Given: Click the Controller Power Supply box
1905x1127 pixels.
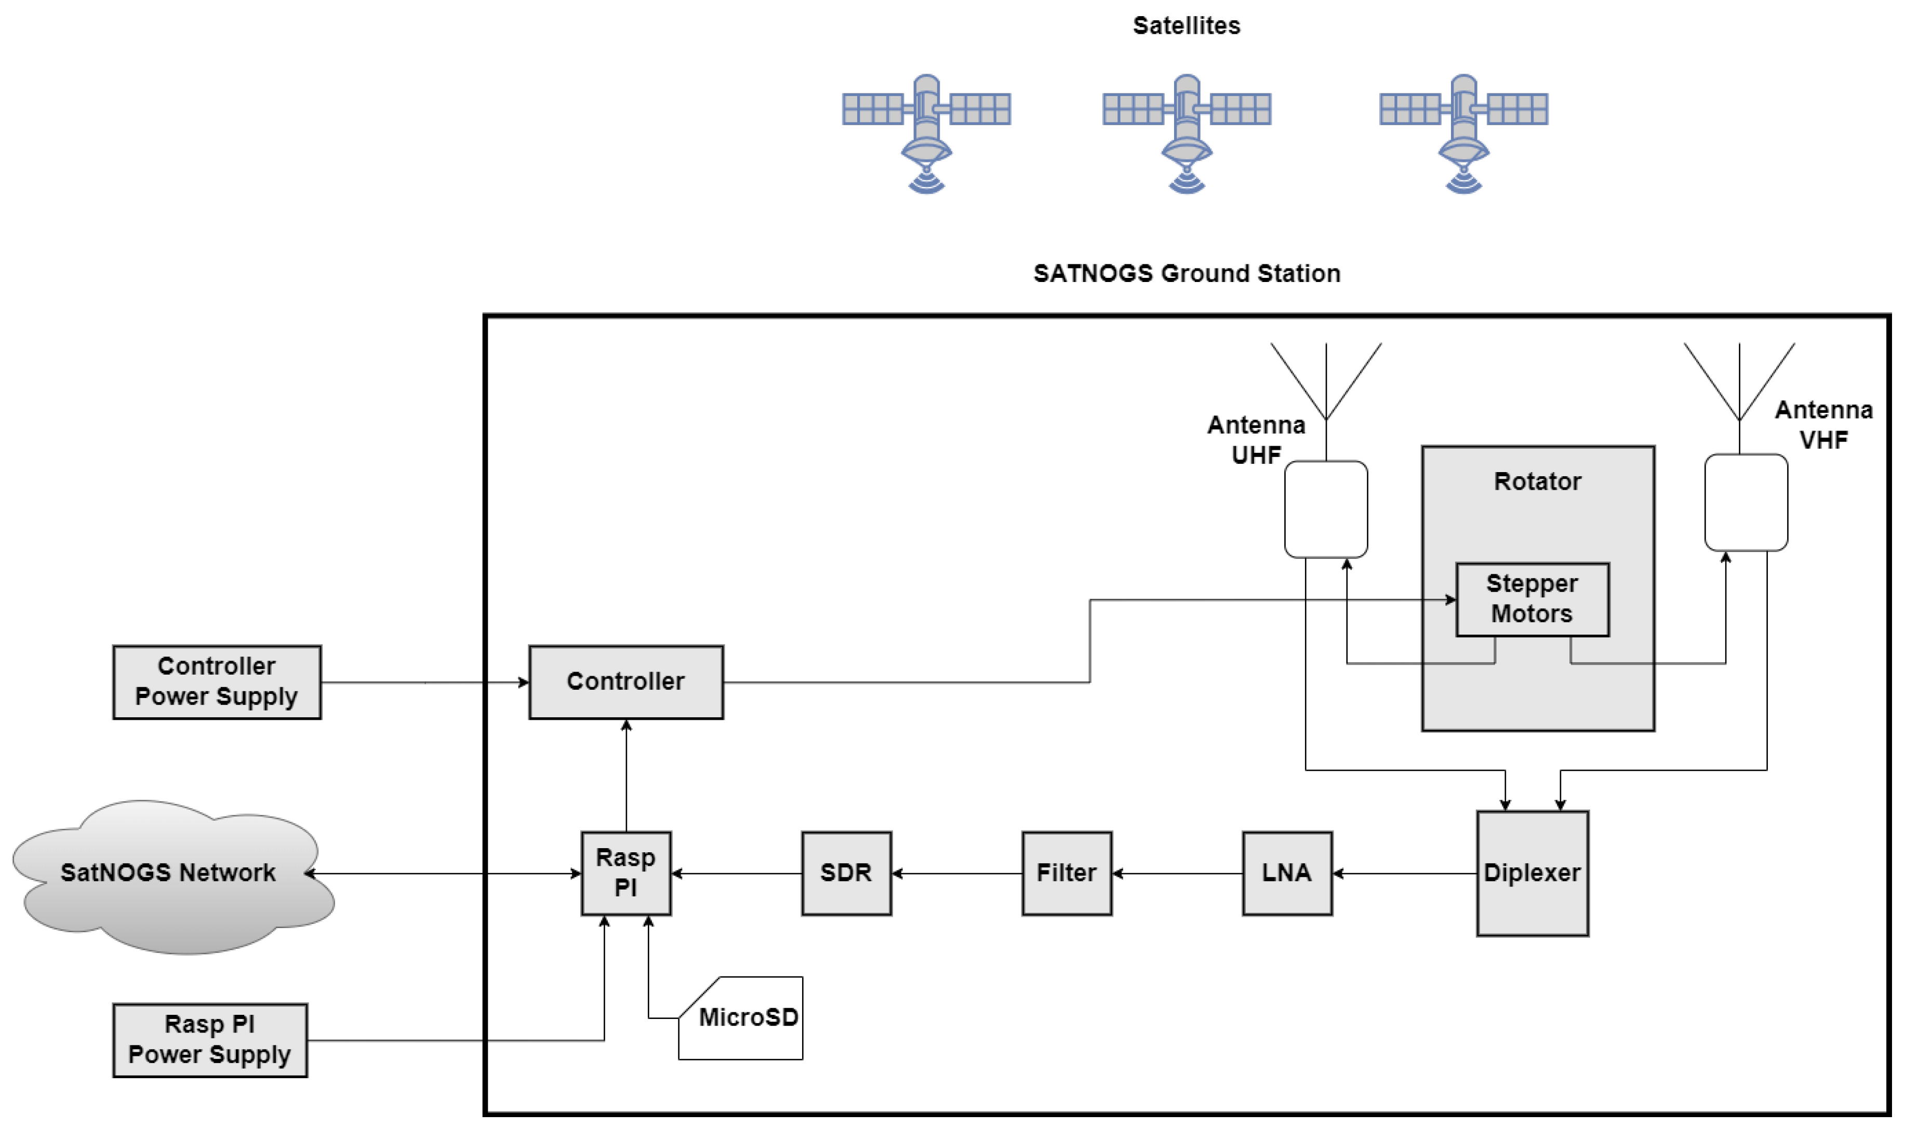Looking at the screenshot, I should point(217,681).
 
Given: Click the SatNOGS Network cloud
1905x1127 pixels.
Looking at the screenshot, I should point(169,874).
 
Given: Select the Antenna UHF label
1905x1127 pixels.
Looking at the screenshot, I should point(1256,440).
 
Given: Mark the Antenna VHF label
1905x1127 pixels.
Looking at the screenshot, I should point(1822,424).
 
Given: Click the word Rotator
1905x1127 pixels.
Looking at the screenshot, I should point(1537,481).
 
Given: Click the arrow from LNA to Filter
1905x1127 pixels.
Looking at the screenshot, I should point(1177,874).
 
